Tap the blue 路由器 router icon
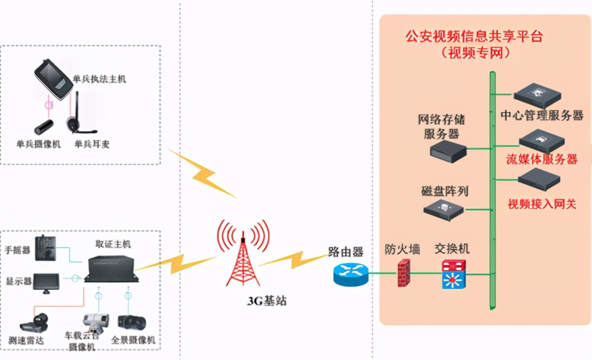(351, 274)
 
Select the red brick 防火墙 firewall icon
(404, 273)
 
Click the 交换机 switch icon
(454, 274)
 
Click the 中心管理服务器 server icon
(537, 95)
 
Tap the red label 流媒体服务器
(542, 160)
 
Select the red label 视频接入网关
(542, 204)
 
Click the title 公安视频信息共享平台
(474, 36)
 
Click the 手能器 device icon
(45, 248)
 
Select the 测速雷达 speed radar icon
(34, 321)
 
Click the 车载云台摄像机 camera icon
(93, 321)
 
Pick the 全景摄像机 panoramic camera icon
(132, 322)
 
